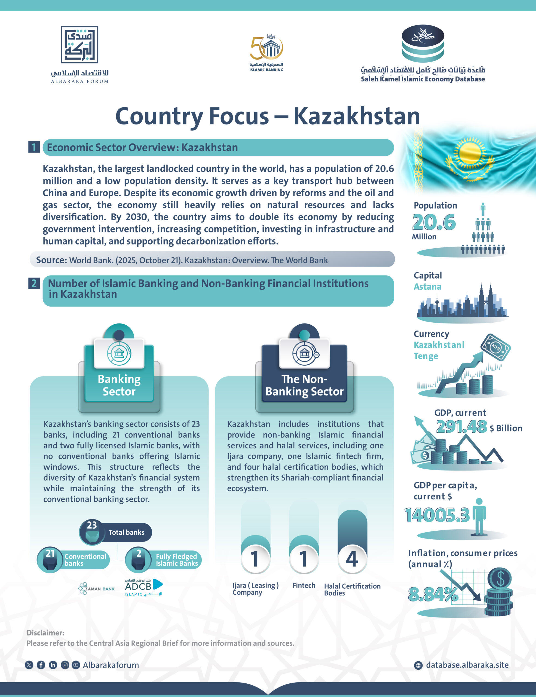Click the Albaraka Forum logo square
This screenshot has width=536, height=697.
[x=79, y=45]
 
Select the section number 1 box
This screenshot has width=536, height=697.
[x=34, y=147]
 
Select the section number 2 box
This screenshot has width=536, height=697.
[x=34, y=283]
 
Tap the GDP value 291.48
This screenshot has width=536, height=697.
[x=461, y=426]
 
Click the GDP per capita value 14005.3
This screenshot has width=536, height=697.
[x=437, y=515]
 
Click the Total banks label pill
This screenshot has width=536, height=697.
[x=126, y=532]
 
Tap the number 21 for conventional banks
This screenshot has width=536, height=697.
[x=50, y=553]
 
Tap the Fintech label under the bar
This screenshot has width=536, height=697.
[x=304, y=585]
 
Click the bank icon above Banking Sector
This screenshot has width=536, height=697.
[x=119, y=353]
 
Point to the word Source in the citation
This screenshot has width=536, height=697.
[x=51, y=260]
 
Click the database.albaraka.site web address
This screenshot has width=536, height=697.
[x=467, y=665]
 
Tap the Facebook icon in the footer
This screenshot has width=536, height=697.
[x=41, y=665]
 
